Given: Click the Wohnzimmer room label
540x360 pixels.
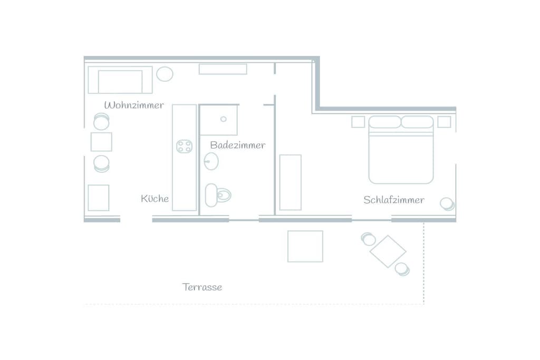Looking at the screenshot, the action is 134,105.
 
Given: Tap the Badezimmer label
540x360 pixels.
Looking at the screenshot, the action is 238,145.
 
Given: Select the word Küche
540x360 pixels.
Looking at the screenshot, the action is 155,198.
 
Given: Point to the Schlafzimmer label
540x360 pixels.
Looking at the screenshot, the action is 393,200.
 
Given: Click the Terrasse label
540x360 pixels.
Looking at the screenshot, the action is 202,287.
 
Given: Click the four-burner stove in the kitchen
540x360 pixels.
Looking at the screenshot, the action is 184,147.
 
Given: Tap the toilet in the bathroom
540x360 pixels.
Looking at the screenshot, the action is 218,195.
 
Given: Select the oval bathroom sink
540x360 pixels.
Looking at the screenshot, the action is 211,161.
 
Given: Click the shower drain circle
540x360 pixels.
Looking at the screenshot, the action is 224,119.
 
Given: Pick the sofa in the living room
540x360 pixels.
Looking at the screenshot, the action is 120,80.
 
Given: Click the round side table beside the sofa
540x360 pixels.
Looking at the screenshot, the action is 165,74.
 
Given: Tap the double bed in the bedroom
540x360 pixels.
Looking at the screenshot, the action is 401,150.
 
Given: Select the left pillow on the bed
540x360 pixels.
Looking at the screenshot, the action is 385,122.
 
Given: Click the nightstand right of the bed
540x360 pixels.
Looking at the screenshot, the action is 444,122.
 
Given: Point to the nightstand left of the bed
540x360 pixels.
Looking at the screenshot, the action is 358,122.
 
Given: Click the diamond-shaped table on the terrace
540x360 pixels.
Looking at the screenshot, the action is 388,251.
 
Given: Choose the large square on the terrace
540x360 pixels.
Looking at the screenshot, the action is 305,247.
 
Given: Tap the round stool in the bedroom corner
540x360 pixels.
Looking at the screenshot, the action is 447,204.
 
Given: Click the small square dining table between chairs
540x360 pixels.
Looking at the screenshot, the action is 101,142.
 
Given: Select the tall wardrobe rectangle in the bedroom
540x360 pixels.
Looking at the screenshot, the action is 291,182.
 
